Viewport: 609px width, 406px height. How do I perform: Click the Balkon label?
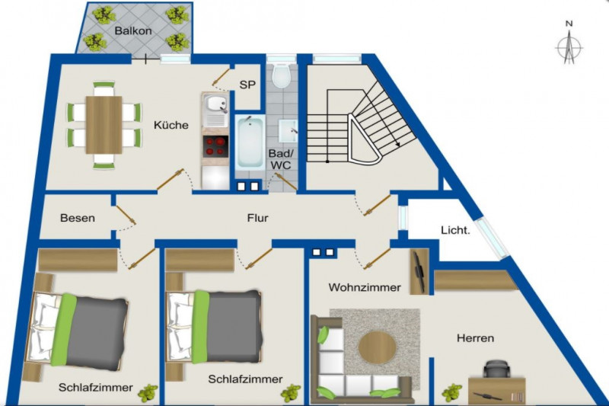click(132, 30)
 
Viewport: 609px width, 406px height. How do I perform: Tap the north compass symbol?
click(569, 43)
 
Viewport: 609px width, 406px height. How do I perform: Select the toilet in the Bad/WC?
click(281, 74)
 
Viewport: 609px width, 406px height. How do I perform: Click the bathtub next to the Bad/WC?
click(250, 142)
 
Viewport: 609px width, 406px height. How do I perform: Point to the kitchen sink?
click(216, 104)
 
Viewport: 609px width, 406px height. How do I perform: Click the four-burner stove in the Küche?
click(215, 146)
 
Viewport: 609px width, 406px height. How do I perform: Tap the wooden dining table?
click(104, 125)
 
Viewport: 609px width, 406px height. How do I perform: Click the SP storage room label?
click(247, 85)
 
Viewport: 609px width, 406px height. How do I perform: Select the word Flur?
click(257, 218)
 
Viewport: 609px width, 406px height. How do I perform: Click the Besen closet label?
click(78, 218)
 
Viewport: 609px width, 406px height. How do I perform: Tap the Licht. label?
click(455, 230)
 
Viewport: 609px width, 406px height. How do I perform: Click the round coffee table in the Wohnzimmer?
click(377, 347)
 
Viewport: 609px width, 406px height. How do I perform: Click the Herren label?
click(475, 338)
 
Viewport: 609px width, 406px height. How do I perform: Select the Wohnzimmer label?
click(365, 287)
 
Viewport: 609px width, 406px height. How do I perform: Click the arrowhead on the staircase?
click(397, 144)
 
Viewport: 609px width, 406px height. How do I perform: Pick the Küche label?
click(171, 125)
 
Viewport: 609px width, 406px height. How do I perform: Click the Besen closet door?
click(126, 216)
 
